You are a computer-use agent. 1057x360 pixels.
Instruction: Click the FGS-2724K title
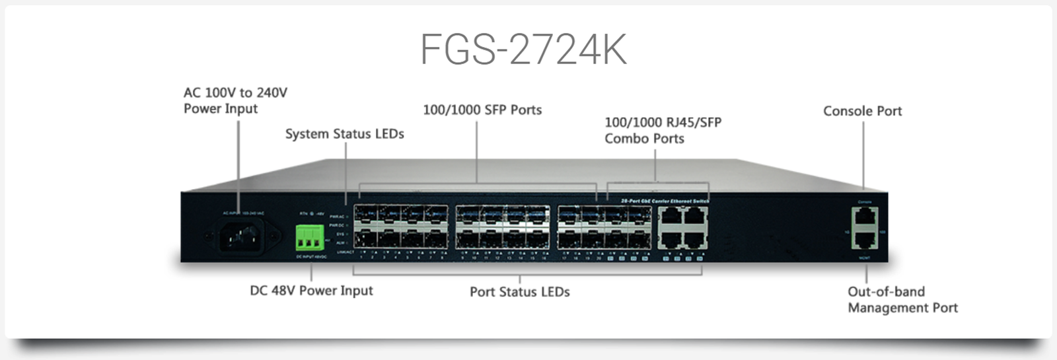523,49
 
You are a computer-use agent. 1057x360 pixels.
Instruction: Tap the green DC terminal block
309,237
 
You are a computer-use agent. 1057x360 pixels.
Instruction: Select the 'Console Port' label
862,111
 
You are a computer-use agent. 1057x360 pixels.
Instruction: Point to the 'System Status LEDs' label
344,134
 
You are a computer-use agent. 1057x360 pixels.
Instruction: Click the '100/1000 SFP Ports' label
482,110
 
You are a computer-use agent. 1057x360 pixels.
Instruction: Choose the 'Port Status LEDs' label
519,292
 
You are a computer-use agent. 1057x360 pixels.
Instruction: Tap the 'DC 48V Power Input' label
311,291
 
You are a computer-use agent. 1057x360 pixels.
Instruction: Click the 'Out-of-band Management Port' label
902,299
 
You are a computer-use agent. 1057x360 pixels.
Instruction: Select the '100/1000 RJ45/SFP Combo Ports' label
663,130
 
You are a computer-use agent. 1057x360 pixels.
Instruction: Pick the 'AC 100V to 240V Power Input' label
235,100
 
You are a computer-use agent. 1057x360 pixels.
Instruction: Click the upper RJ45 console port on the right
865,216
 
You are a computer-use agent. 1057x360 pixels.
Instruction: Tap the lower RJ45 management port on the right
865,240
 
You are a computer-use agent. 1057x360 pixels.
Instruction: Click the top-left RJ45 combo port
671,216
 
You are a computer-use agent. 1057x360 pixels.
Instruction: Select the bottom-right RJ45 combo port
695,240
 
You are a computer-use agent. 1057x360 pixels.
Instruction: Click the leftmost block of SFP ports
400,227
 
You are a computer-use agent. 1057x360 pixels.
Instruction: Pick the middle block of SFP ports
503,227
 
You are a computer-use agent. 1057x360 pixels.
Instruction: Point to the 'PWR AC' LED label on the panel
337,217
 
